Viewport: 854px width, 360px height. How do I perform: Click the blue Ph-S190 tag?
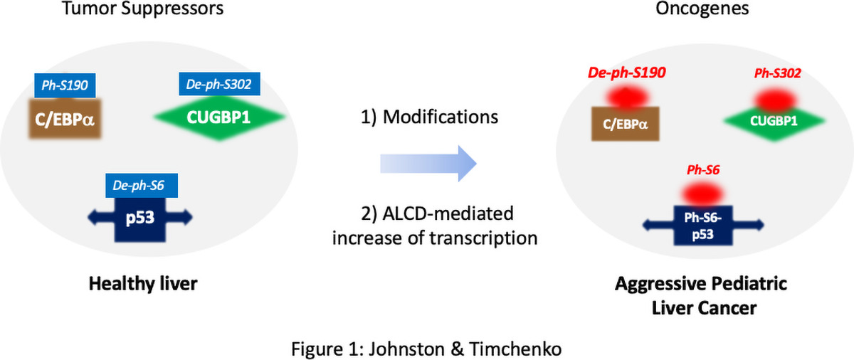[x=65, y=85]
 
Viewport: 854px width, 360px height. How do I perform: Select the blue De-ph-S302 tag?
[x=219, y=85]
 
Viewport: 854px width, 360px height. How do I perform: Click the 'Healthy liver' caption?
[x=142, y=284]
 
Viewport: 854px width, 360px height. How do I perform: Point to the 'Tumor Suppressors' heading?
[x=142, y=10]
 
